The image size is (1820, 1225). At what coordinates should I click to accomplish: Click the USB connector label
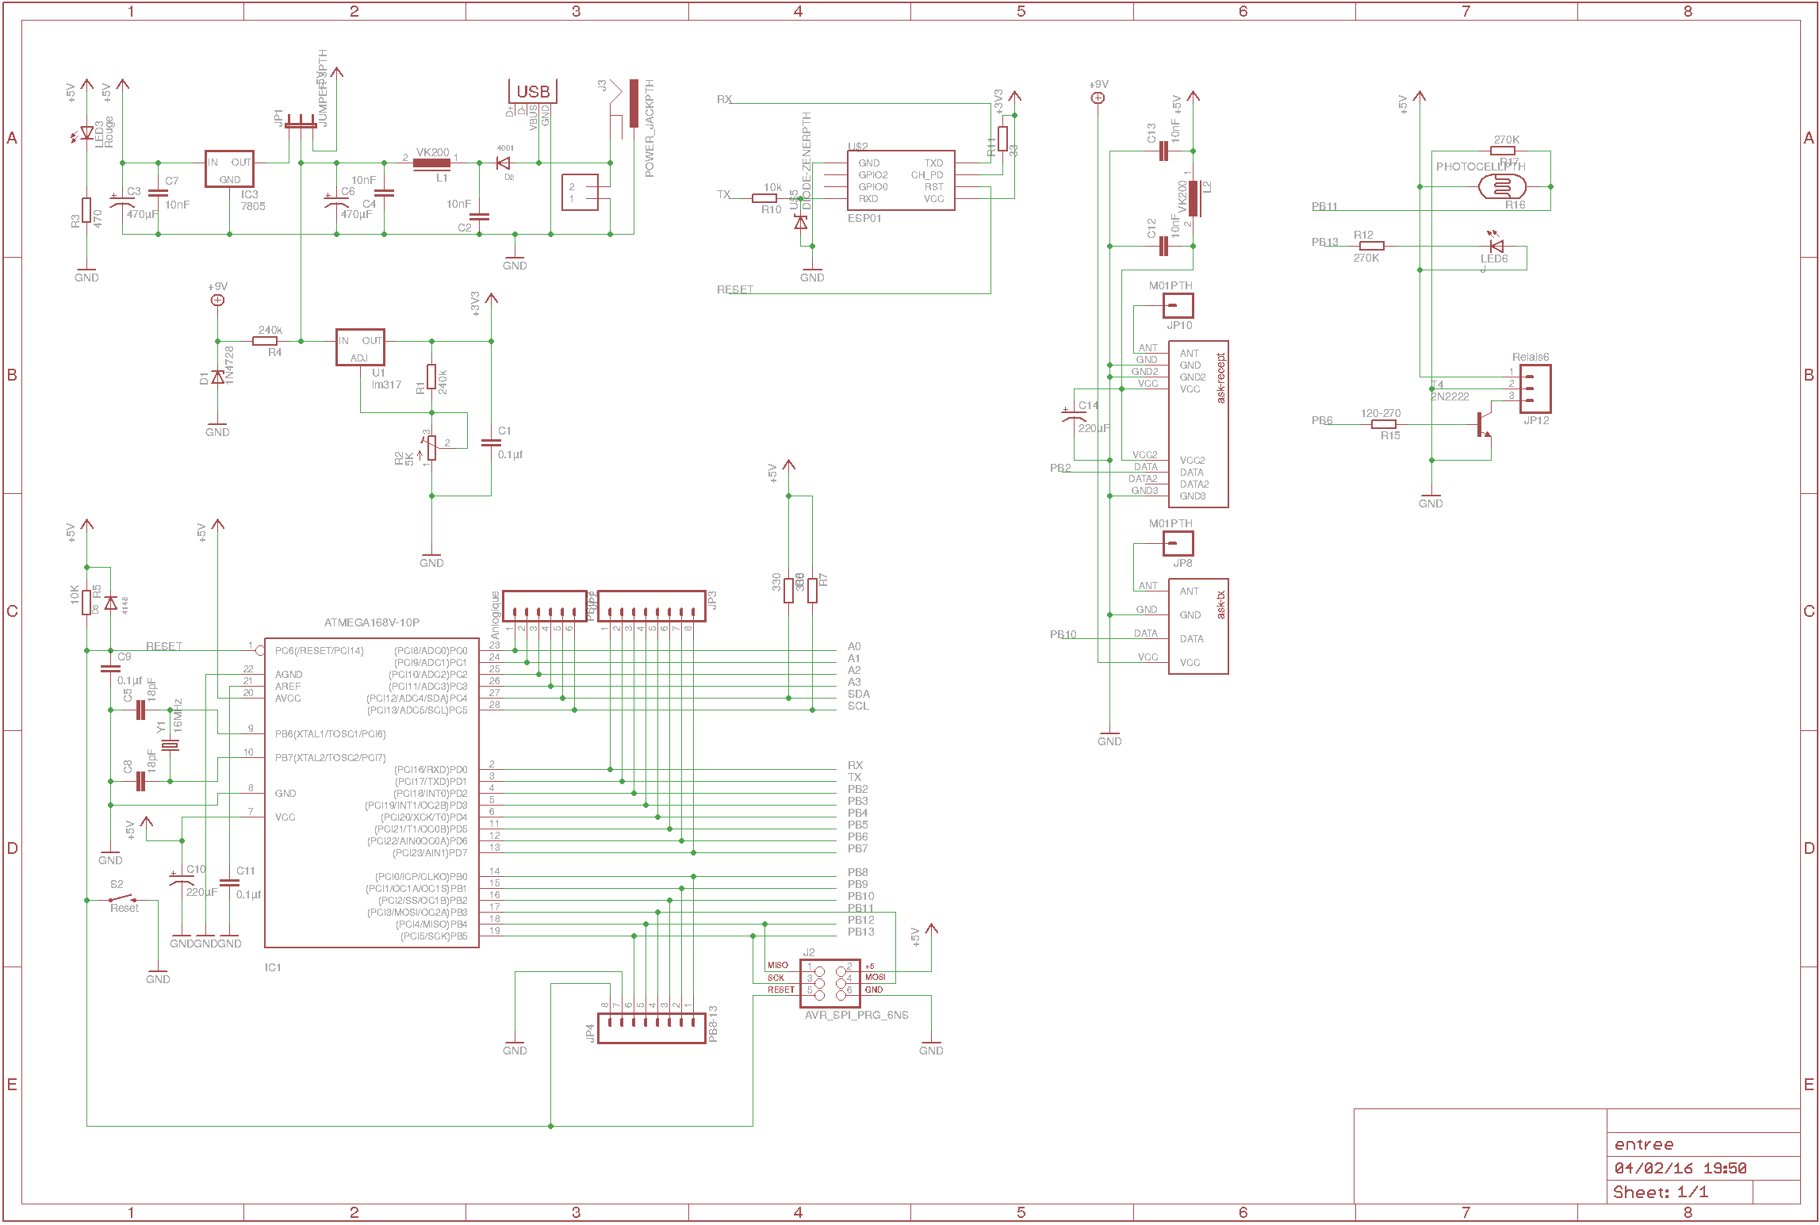(532, 92)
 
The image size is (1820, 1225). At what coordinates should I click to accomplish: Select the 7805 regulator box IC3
(229, 169)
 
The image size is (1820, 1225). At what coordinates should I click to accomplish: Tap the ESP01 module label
(864, 218)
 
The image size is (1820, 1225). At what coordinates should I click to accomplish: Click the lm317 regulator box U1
(360, 347)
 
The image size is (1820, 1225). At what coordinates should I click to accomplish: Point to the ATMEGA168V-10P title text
(371, 622)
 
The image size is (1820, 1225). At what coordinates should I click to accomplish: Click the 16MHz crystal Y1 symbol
(170, 745)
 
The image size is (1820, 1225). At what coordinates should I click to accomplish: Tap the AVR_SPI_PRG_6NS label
(856, 1015)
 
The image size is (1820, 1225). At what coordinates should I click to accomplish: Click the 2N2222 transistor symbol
(1482, 425)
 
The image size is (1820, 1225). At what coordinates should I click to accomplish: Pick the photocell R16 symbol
(1501, 187)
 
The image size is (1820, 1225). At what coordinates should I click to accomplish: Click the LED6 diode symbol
(1496, 246)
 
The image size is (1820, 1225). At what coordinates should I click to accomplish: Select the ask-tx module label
(1220, 605)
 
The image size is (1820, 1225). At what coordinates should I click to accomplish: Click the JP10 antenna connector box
(1178, 305)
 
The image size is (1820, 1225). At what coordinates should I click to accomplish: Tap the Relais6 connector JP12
(1535, 389)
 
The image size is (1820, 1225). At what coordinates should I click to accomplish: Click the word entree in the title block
(1644, 1144)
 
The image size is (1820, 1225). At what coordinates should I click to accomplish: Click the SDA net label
(858, 694)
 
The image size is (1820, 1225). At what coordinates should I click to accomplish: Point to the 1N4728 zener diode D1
(217, 377)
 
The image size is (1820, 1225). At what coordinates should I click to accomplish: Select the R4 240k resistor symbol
(265, 341)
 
